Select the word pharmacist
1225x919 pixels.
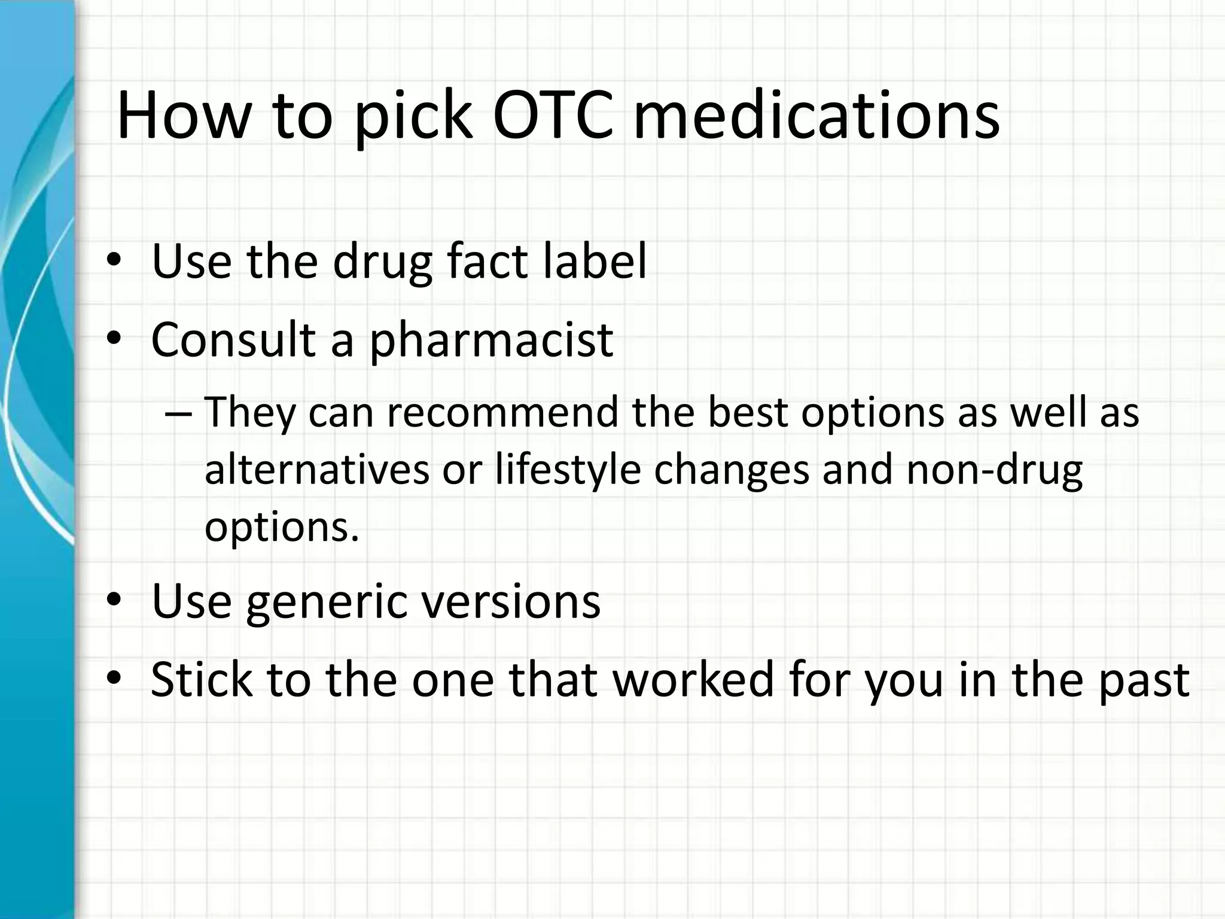[x=491, y=341]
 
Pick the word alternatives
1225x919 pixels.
[x=317, y=469]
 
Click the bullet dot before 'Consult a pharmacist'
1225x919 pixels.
[x=114, y=339]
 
